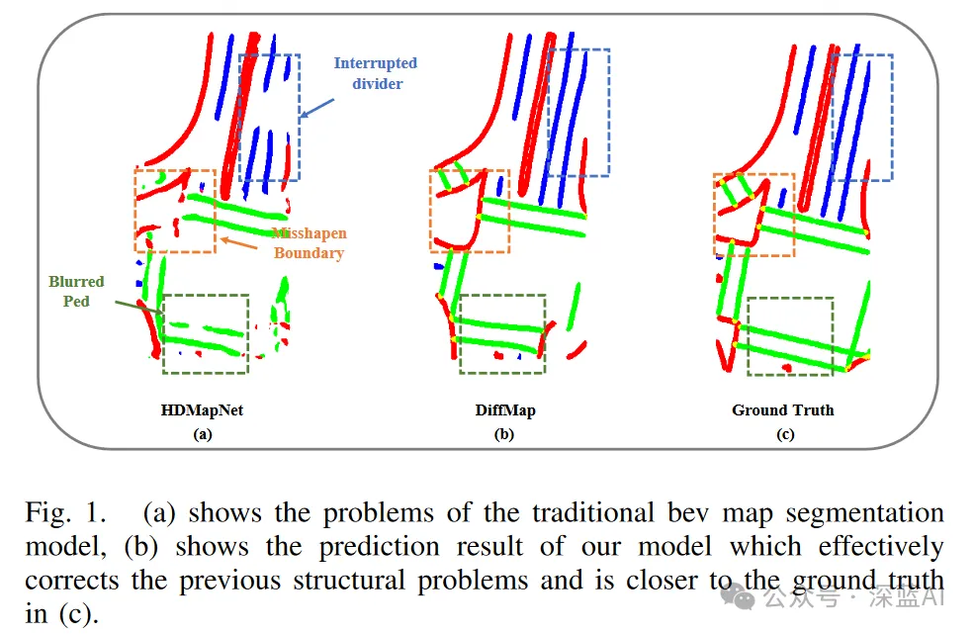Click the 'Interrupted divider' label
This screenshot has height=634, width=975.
tap(375, 73)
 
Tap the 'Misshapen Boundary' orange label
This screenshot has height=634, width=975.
tap(309, 243)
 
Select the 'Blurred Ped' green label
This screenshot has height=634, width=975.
tap(76, 291)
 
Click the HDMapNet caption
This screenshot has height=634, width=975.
tap(202, 409)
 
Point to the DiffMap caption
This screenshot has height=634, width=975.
tap(505, 409)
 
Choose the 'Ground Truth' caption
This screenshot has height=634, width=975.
tap(782, 409)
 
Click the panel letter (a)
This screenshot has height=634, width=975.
tap(202, 433)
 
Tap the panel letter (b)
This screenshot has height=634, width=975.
tap(505, 433)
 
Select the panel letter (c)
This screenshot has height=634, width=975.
tap(785, 433)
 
